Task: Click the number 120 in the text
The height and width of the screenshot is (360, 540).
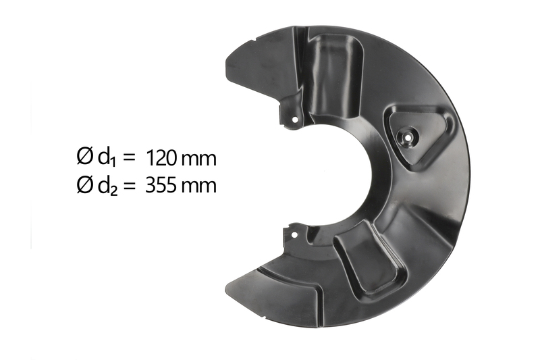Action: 161,159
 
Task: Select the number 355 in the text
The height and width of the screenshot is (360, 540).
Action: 161,186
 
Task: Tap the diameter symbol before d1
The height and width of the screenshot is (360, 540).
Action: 85,157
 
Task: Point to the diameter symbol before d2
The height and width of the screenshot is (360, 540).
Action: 85,184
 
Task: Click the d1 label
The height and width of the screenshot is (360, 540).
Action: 107,159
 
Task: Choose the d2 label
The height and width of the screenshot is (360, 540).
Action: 107,186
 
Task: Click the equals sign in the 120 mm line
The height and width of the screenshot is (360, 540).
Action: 128,159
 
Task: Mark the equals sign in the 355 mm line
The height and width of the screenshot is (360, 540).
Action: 129,186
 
